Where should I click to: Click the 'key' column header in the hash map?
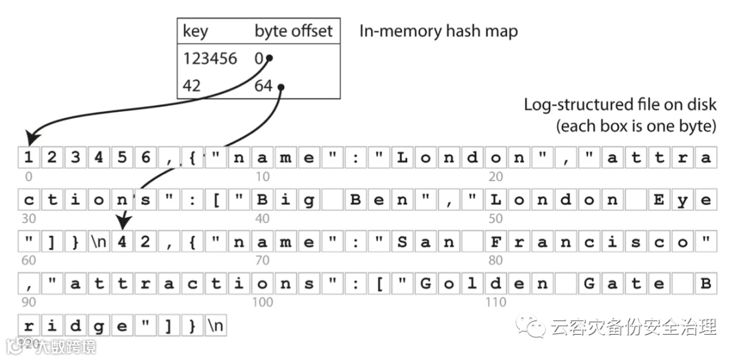coord(196,31)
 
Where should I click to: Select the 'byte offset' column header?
coord(293,31)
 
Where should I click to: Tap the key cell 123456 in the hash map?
coord(210,59)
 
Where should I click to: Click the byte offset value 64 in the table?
coord(263,86)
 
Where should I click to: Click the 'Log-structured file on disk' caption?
coord(620,105)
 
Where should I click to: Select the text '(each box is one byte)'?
coord(636,126)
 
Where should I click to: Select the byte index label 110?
coord(495,302)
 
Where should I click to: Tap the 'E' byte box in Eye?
coord(659,200)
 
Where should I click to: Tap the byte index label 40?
coord(262,219)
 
